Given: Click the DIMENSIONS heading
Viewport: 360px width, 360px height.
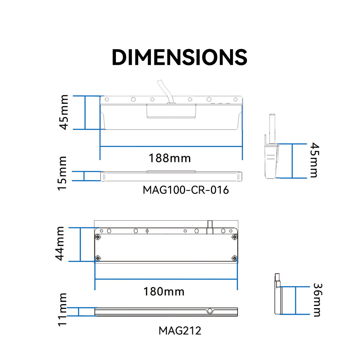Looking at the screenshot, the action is [x=179, y=57].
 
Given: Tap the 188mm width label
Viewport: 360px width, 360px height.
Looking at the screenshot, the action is [x=170, y=158].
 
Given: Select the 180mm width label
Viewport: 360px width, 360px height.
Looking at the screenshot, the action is [x=164, y=292].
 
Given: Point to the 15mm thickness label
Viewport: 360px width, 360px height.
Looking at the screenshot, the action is [x=62, y=174].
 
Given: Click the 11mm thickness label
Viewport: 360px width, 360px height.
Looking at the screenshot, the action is [x=62, y=310].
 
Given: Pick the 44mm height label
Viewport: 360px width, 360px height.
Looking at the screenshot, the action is [x=60, y=244].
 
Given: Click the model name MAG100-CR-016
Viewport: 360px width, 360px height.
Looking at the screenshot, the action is [x=186, y=190].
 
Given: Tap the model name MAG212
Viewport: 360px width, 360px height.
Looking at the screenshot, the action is [x=180, y=330].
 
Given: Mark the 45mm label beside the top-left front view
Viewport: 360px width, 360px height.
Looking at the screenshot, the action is [x=64, y=112].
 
